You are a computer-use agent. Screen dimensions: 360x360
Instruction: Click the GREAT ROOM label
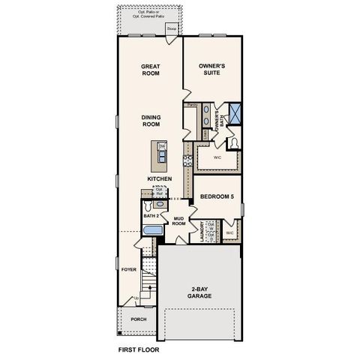pos(152,70)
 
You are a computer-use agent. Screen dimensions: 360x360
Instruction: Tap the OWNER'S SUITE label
pos(213,70)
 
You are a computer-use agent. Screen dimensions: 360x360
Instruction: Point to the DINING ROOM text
pos(152,120)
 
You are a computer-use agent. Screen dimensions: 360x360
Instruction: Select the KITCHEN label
pos(160,178)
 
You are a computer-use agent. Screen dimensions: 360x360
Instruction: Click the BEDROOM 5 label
pos(217,197)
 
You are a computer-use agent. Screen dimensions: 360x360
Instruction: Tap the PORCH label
pos(139,319)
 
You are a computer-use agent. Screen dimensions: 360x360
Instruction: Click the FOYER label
pos(128,268)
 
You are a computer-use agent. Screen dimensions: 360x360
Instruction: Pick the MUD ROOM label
pos(179,221)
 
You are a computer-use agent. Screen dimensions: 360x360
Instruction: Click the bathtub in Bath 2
pos(152,231)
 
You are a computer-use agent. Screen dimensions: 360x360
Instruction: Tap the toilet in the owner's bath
pos(235,142)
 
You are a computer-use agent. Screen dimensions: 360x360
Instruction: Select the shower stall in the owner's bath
pos(235,115)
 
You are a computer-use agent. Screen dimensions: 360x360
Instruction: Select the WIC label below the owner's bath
pos(217,159)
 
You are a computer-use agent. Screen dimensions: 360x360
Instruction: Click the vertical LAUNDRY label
pos(202,232)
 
